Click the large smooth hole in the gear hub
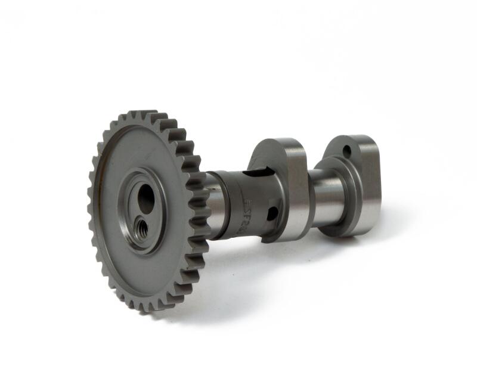tap(146, 199)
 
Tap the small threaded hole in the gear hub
tap(142, 226)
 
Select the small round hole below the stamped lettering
tap(272, 213)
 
